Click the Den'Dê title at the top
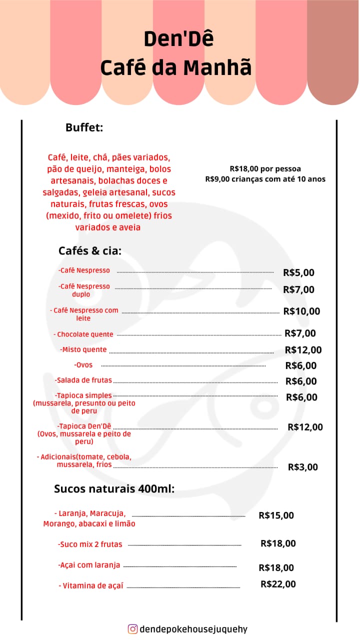178,39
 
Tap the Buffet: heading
84,127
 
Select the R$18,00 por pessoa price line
265,169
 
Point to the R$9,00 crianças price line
265,179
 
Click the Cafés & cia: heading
90,250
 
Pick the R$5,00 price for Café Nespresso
298,272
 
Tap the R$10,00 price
301,311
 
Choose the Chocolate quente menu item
83,334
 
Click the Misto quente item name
83,349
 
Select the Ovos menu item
83,365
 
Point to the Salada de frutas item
83,380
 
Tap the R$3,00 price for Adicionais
302,467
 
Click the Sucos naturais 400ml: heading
114,488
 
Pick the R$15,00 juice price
276,515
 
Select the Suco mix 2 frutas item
90,544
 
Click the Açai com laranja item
89,565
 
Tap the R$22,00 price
278,583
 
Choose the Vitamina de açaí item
91,585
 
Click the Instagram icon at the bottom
132,629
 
